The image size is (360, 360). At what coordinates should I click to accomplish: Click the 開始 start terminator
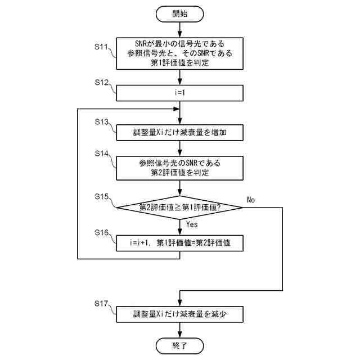[180, 13]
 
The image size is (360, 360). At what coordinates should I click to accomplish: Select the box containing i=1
[180, 92]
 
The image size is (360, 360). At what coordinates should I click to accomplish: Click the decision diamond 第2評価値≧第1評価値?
[180, 208]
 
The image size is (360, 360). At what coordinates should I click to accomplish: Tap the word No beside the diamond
[251, 200]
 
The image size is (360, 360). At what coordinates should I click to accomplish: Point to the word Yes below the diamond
[191, 224]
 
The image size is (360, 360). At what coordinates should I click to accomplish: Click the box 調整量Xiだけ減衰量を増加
[180, 132]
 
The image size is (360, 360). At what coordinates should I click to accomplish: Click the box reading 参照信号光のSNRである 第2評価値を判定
[180, 168]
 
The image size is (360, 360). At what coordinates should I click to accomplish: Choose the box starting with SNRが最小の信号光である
[180, 53]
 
